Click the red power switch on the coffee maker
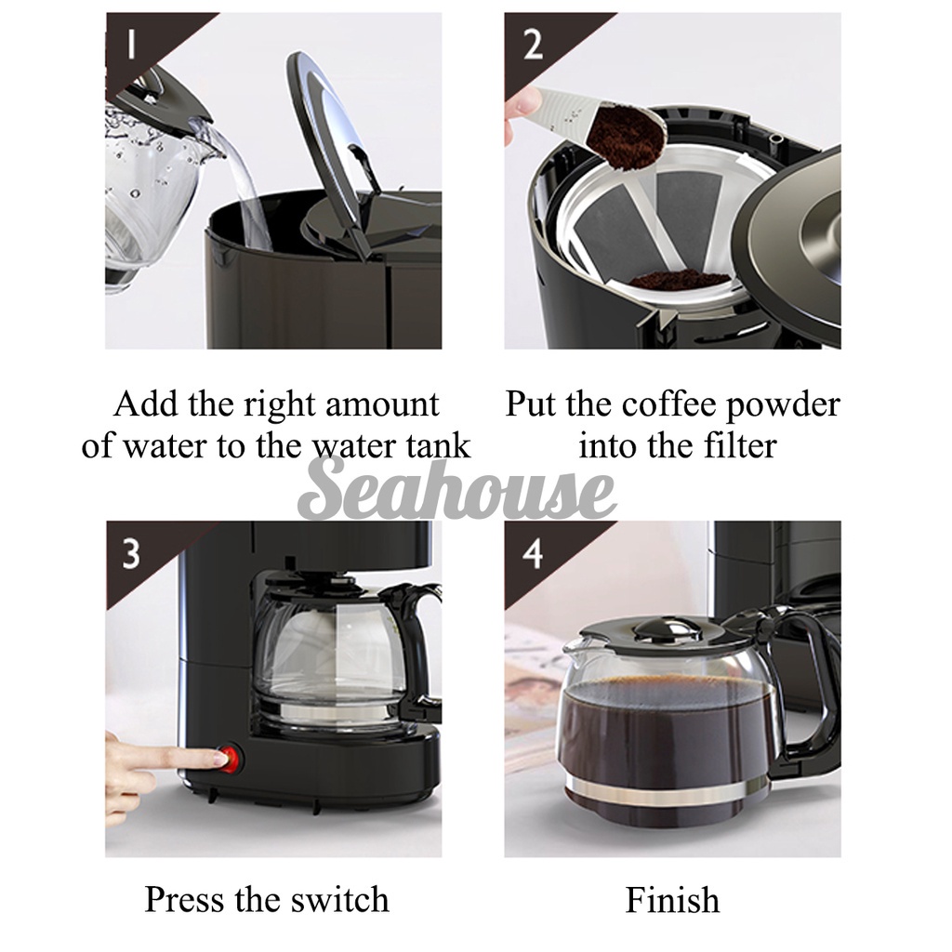click(231, 759)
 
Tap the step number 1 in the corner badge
click(130, 44)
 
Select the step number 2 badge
click(533, 45)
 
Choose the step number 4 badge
click(532, 553)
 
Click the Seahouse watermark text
click(456, 489)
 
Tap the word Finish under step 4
click(673, 900)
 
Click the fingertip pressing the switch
click(215, 757)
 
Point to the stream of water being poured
click(243, 182)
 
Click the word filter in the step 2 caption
click(740, 445)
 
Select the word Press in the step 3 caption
click(183, 900)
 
